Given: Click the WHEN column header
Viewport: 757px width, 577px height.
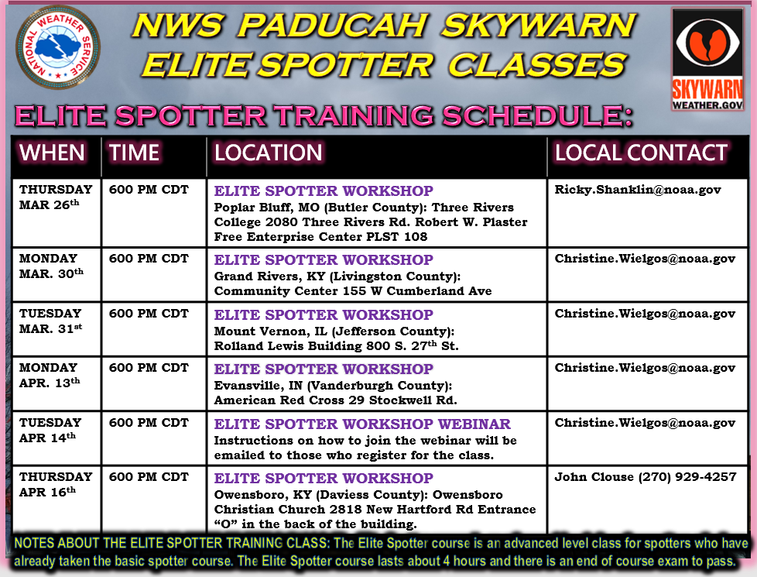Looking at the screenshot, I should pyautogui.click(x=53, y=153).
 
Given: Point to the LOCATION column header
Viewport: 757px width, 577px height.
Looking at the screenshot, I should pyautogui.click(x=269, y=153).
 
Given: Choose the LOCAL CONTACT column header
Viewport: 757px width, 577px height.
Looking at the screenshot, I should pyautogui.click(x=641, y=153).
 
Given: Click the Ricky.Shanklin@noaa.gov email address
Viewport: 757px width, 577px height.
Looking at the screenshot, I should pyautogui.click(x=638, y=190).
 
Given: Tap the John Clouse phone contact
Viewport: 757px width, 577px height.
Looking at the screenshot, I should pyautogui.click(x=645, y=477).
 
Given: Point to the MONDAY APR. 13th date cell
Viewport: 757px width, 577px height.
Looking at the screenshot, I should pyautogui.click(x=50, y=375).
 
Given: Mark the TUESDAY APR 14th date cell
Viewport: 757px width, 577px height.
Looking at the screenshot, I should pyautogui.click(x=51, y=430).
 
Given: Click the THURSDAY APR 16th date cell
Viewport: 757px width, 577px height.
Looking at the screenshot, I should pyautogui.click(x=56, y=484).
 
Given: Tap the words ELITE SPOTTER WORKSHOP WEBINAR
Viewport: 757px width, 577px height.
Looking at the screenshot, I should pyautogui.click(x=362, y=424).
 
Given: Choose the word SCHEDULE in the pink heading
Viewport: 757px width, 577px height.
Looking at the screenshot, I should pyautogui.click(x=533, y=116).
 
